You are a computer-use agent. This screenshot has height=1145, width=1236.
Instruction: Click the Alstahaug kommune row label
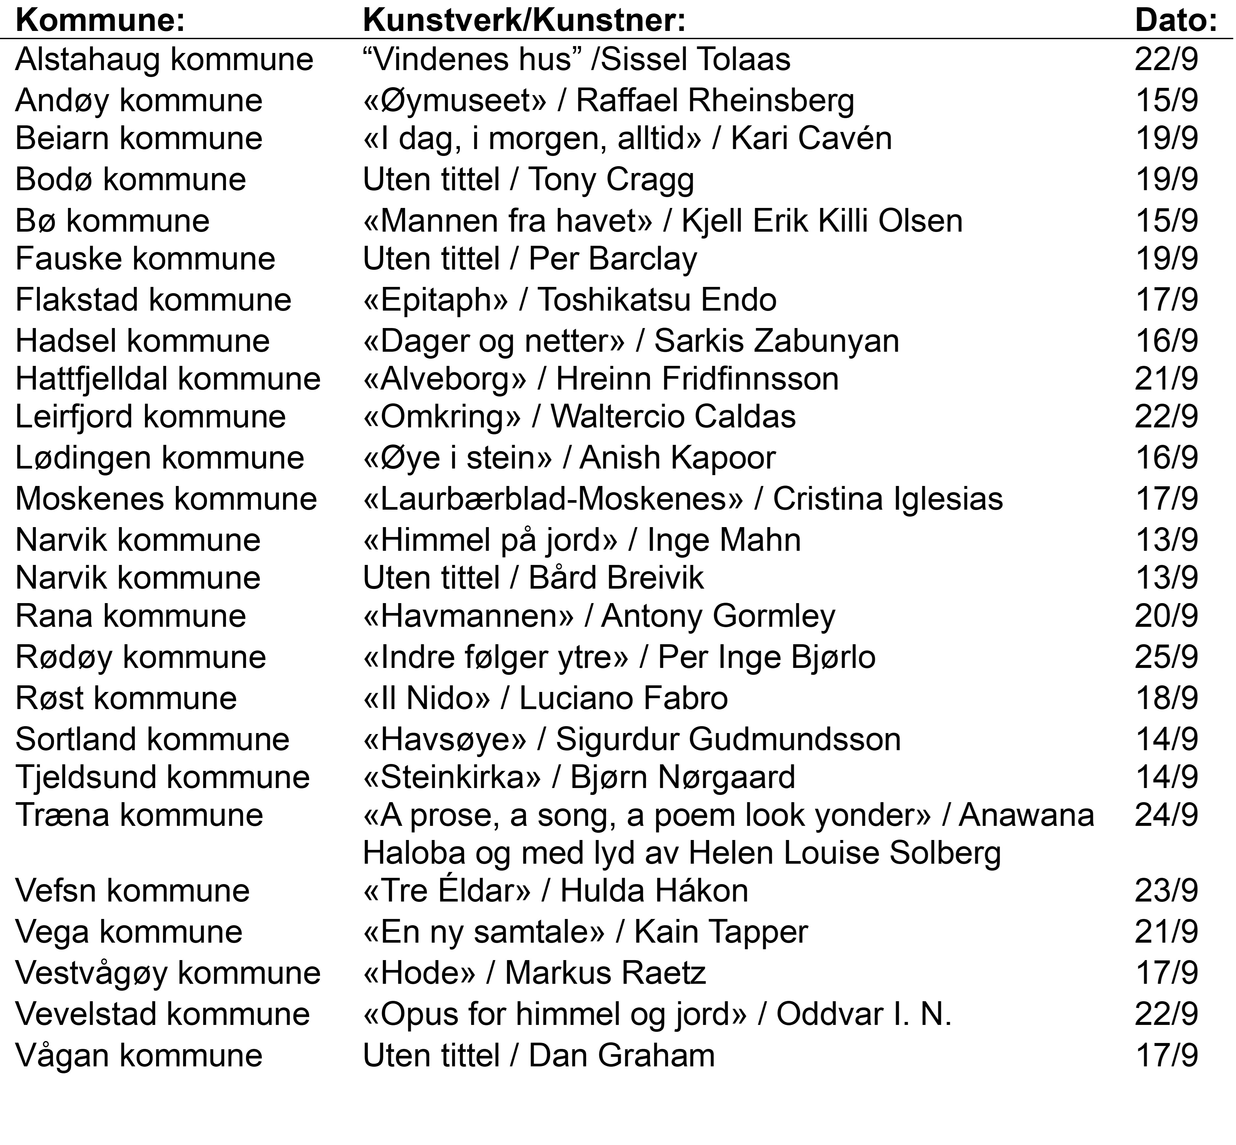pyautogui.click(x=164, y=60)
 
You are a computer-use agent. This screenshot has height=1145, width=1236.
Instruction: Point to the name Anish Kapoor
pyautogui.click(x=678, y=458)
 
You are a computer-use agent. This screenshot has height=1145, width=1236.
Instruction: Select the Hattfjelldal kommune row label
pyautogui.click(x=168, y=379)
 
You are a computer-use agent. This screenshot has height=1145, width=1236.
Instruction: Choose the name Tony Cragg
pyautogui.click(x=611, y=180)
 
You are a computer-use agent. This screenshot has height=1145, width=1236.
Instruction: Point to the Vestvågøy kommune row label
pyautogui.click(x=168, y=973)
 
